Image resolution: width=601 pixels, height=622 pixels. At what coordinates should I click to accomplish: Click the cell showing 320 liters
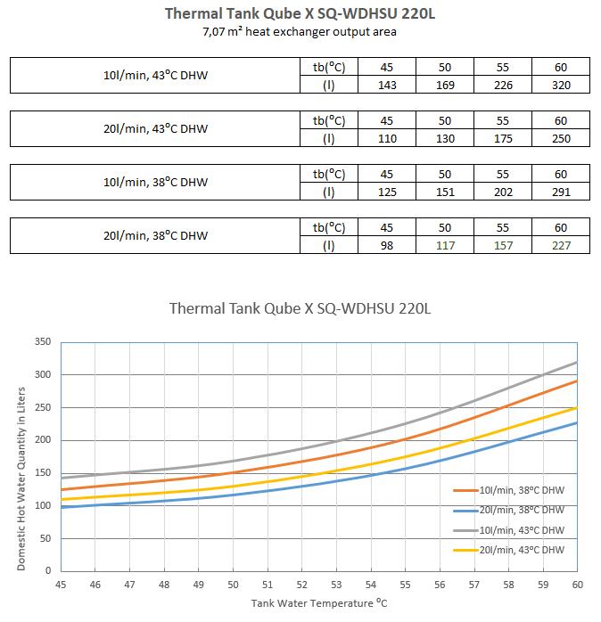pyautogui.click(x=561, y=85)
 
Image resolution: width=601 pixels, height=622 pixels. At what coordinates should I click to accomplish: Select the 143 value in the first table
pyautogui.click(x=387, y=85)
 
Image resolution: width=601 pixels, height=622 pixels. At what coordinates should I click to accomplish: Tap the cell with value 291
pyautogui.click(x=561, y=192)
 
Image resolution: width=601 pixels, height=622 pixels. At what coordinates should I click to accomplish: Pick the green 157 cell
pyautogui.click(x=503, y=246)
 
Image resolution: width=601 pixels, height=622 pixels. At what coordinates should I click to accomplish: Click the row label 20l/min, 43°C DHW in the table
pyautogui.click(x=155, y=129)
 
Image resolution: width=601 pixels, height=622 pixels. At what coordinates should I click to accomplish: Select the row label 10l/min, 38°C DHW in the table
pyautogui.click(x=155, y=183)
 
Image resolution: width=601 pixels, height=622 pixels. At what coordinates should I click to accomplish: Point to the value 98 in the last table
pyautogui.click(x=387, y=246)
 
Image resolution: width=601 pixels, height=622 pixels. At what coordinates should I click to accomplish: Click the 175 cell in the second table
pyautogui.click(x=503, y=138)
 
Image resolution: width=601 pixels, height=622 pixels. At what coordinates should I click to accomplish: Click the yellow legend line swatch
pyautogui.click(x=465, y=550)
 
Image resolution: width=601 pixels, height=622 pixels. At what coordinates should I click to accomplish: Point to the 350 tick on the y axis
pyautogui.click(x=43, y=341)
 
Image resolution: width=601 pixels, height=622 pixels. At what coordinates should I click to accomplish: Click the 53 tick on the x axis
pyautogui.click(x=336, y=585)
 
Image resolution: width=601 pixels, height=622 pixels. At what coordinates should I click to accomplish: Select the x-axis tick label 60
pyautogui.click(x=578, y=585)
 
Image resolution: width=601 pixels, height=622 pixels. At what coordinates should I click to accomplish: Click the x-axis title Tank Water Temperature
pyautogui.click(x=312, y=603)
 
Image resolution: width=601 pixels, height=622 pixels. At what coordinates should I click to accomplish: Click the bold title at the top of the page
pyautogui.click(x=300, y=13)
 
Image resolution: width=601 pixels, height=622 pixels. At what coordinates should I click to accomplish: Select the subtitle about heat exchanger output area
pyautogui.click(x=300, y=32)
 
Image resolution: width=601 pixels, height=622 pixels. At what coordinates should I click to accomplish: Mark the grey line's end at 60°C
pyautogui.click(x=577, y=362)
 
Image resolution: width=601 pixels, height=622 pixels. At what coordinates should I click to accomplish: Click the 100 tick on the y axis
pyautogui.click(x=43, y=506)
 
